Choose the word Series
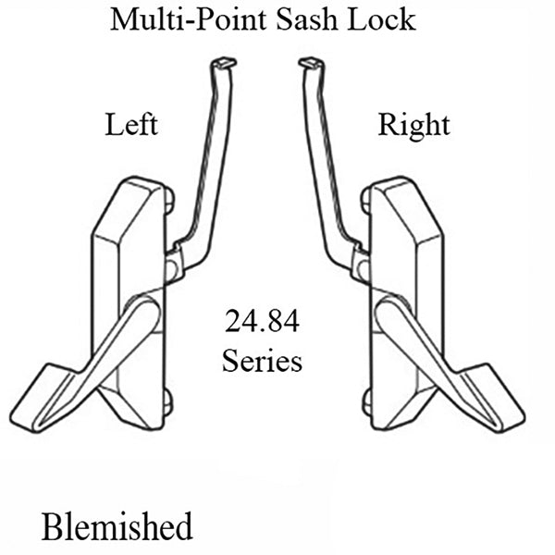pos(262,360)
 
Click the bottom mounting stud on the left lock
pos(166,401)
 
